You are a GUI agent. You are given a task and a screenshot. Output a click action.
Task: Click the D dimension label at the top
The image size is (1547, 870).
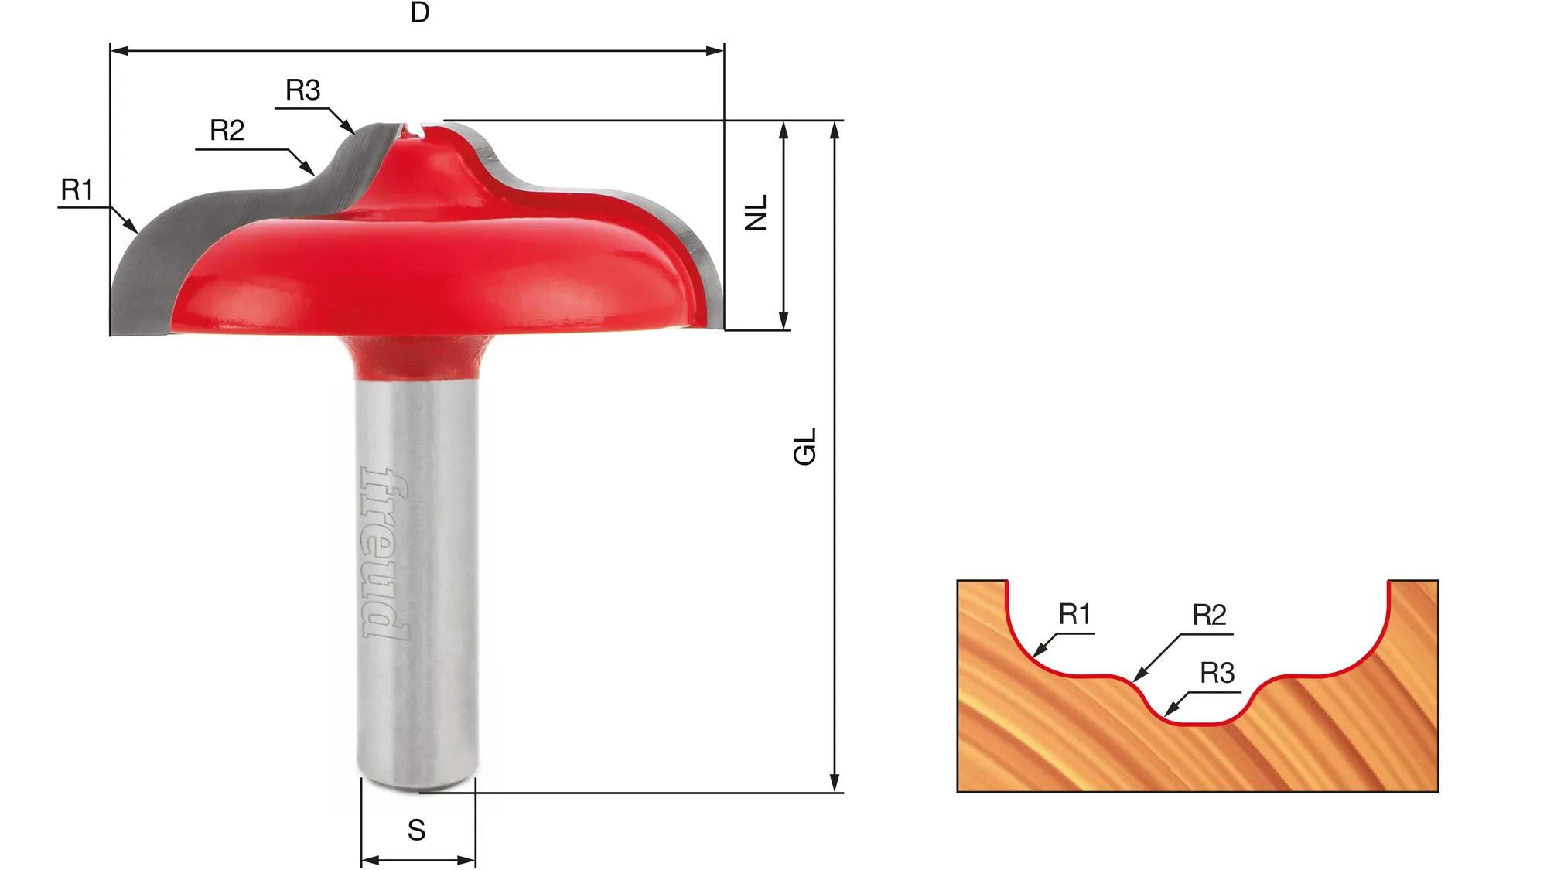[x=420, y=12]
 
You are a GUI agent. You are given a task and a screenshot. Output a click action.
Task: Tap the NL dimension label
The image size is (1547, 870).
[x=756, y=213]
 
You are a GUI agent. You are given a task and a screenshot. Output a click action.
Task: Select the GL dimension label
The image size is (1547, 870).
[x=805, y=446]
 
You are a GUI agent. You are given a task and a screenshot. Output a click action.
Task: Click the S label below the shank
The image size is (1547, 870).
[x=417, y=830]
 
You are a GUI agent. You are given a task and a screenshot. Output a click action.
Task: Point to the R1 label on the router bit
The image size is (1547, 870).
[x=77, y=189]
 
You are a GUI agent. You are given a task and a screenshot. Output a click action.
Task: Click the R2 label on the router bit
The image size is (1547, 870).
[x=227, y=130]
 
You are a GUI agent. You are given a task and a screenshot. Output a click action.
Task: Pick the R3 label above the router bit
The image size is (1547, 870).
[x=302, y=90]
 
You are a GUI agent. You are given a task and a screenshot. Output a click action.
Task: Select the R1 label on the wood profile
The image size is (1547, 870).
[x=1074, y=614]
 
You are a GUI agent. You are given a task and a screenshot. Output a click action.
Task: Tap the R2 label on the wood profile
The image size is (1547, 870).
[x=1209, y=615]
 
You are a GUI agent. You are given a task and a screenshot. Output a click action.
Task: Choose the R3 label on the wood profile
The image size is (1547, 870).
[x=1217, y=674]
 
